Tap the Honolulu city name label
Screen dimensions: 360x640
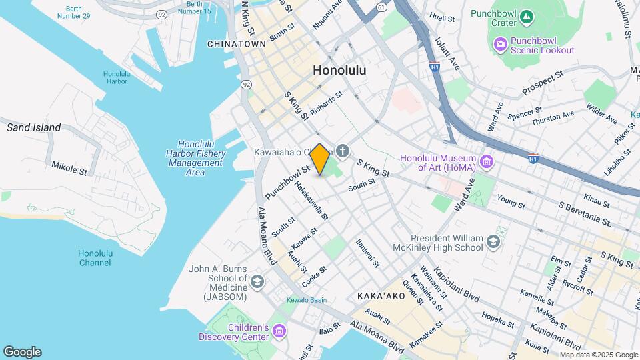(x=339, y=70)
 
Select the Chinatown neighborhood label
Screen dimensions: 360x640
(x=237, y=44)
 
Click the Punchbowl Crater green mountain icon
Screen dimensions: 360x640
(x=527, y=14)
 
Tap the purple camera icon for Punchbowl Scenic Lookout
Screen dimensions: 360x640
(x=500, y=44)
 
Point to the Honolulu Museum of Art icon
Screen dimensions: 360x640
(x=487, y=162)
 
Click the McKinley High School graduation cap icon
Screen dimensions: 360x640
(x=493, y=242)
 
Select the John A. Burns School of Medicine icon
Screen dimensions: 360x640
(x=257, y=283)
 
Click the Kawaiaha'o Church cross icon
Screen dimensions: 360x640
(x=343, y=151)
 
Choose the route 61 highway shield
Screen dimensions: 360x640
(x=381, y=7)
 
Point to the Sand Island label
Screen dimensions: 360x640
(x=34, y=127)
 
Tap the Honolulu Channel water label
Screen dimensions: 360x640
(x=95, y=258)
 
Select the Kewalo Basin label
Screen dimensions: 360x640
(x=307, y=300)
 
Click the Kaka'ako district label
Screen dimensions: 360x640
(x=381, y=295)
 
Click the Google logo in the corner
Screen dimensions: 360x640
(x=22, y=351)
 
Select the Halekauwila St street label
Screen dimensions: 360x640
(x=312, y=201)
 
